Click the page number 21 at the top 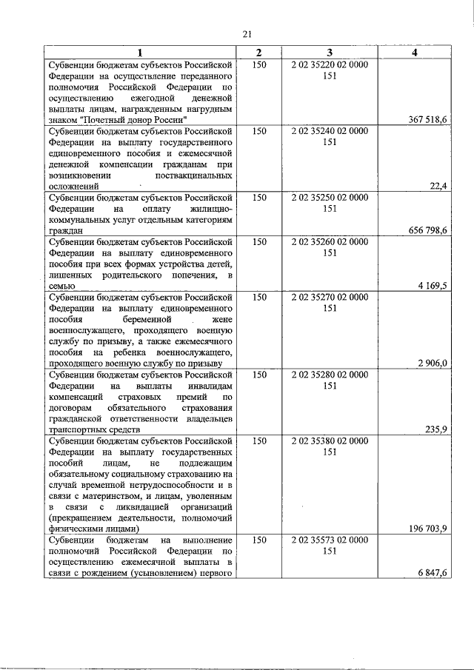[247, 33]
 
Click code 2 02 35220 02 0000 [330, 65]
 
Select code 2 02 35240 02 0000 [330, 131]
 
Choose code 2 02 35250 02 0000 [330, 198]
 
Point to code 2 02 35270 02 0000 [330, 297]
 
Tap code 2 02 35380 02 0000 [330, 440]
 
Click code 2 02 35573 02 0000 [330, 540]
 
